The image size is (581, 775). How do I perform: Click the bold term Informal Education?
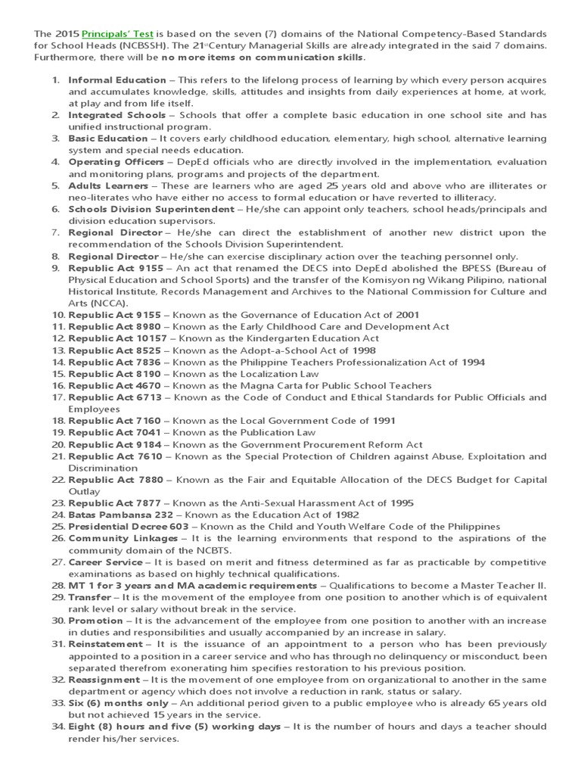tap(117, 79)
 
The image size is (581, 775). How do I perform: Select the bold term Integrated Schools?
tap(117, 114)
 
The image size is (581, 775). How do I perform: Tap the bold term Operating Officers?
tap(116, 161)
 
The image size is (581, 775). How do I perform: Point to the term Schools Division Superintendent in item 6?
tap(151, 208)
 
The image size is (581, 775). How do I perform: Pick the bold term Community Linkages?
tap(117, 538)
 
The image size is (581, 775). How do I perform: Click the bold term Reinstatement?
tap(104, 643)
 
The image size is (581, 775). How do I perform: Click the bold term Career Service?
tap(105, 562)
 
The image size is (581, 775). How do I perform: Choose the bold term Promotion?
tap(95, 620)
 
